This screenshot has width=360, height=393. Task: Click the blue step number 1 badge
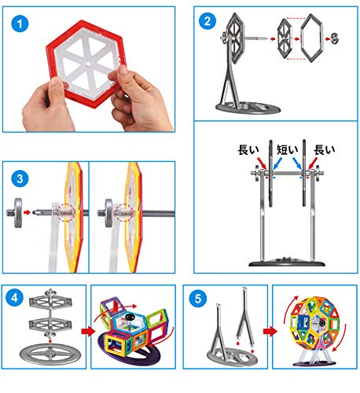point(20,24)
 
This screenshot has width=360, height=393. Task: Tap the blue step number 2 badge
point(208,20)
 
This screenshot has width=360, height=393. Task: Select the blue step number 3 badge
point(20,178)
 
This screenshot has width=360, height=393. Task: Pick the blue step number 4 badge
point(15,298)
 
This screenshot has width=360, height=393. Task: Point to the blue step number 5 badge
point(198,298)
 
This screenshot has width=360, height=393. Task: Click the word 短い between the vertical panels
point(288,149)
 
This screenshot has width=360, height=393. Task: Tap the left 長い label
point(248,149)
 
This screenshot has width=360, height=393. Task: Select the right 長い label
point(325,149)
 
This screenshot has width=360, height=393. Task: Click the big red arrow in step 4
point(88,331)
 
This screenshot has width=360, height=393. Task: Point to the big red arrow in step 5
point(270,331)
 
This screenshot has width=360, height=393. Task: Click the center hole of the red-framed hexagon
point(88,64)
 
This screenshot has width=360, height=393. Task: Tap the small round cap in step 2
point(335,39)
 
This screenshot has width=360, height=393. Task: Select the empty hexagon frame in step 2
point(311,38)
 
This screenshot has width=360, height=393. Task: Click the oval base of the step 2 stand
point(248,108)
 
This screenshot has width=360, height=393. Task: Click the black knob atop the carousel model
point(130,318)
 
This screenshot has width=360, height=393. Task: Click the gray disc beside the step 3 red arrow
point(17,212)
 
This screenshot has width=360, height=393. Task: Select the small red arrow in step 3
point(27,212)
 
